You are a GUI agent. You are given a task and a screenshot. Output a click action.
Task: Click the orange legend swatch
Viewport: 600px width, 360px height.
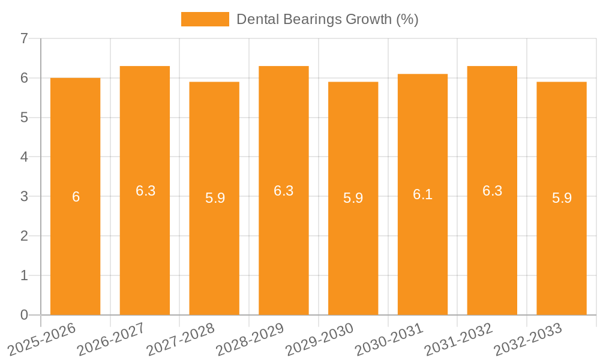tap(205, 19)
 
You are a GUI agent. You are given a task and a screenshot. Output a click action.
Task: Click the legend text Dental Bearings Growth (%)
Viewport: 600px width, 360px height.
tap(327, 19)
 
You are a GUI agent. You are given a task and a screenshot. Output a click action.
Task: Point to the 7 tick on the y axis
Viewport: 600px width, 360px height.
tap(24, 38)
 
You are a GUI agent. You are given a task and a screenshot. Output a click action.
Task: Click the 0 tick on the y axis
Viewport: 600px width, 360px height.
tap(24, 315)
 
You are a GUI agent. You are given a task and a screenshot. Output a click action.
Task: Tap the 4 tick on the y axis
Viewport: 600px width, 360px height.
tap(24, 157)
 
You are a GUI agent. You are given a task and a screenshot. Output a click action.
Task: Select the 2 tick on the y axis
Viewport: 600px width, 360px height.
tap(24, 236)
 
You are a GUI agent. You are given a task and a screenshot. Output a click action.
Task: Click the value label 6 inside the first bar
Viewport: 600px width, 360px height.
tap(76, 197)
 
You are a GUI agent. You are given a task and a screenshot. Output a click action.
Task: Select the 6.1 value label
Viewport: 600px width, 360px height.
tap(422, 194)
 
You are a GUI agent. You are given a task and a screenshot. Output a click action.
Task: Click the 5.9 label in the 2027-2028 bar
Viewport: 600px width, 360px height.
tap(215, 199)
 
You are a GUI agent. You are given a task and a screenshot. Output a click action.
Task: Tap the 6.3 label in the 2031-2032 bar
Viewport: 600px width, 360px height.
tap(492, 191)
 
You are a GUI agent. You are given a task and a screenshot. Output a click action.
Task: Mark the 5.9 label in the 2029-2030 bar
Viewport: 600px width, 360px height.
tap(353, 199)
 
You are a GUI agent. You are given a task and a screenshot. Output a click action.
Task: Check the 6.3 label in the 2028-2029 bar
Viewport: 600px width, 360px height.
tap(284, 191)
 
